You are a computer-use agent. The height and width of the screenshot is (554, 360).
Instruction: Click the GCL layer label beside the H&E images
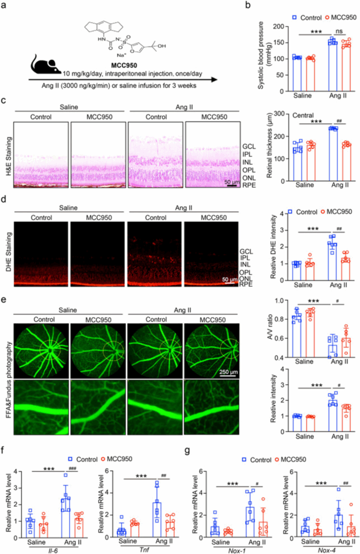[x=249, y=147]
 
